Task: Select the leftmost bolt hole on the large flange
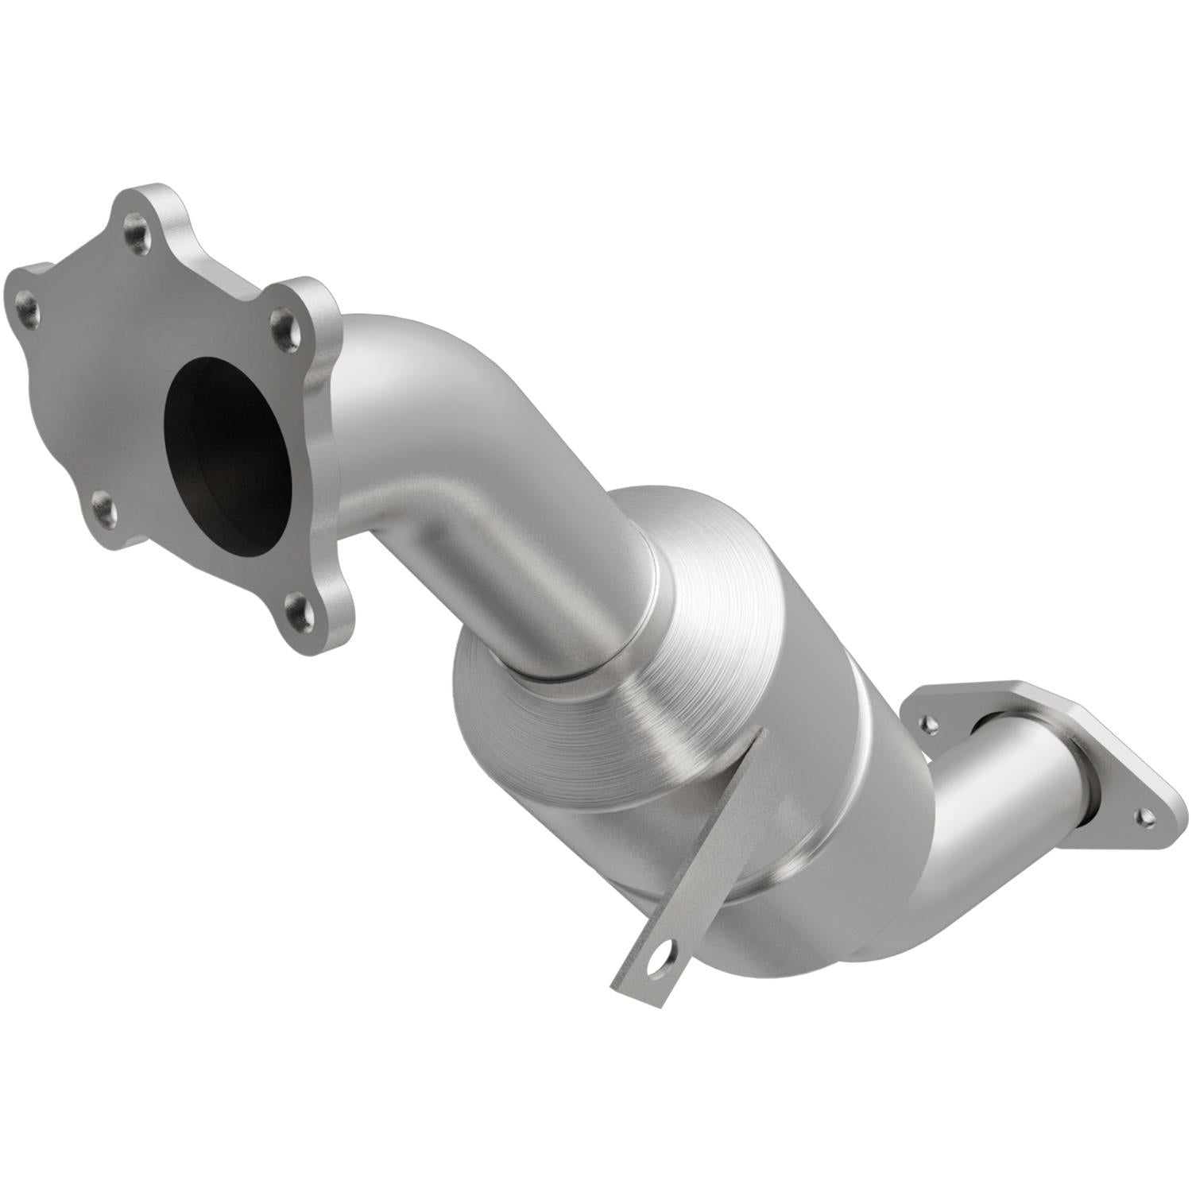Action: coord(29,303)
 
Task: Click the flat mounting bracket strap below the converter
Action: coord(699,874)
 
